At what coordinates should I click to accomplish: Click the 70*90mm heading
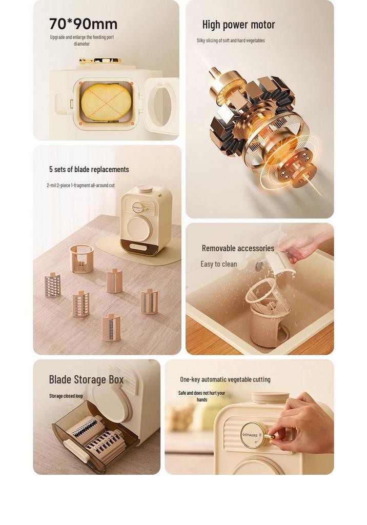click(x=83, y=24)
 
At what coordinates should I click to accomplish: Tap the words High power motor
click(x=238, y=25)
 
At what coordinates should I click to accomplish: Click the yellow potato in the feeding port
click(x=106, y=102)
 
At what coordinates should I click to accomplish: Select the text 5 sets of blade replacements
click(x=89, y=169)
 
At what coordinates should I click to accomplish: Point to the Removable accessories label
click(x=238, y=249)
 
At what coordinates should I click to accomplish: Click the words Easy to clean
click(x=219, y=264)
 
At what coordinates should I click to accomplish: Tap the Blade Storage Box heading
click(x=86, y=380)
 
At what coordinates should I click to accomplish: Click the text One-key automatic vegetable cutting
click(x=225, y=379)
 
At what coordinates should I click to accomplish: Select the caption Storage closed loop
click(x=66, y=396)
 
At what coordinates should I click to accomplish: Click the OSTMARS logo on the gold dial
click(x=250, y=435)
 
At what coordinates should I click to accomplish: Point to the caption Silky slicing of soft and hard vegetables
click(x=231, y=41)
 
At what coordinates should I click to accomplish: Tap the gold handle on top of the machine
click(x=99, y=61)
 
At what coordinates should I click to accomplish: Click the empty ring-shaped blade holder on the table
click(x=81, y=258)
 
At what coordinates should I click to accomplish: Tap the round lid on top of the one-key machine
click(x=270, y=397)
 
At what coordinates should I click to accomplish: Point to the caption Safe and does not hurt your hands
click(x=201, y=396)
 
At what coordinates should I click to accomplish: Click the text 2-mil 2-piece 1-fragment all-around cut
click(x=80, y=186)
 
